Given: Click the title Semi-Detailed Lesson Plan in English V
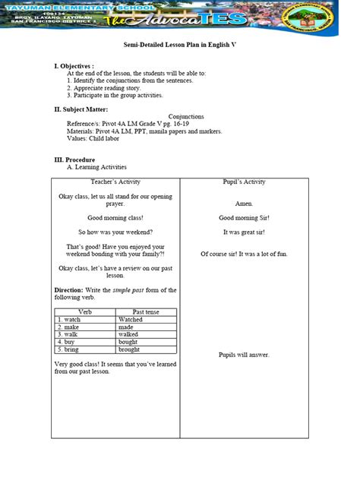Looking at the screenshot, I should (x=180, y=46).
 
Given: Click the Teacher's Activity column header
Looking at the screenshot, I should (x=115, y=182).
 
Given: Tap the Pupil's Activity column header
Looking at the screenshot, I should (x=244, y=182).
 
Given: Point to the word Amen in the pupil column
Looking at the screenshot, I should (x=244, y=204).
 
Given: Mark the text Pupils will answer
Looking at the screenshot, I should (x=244, y=355).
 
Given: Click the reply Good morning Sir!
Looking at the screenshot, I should (x=244, y=218).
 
